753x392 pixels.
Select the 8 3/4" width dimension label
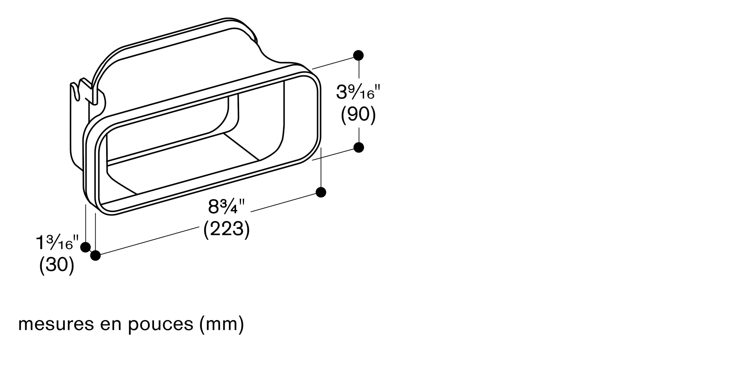coord(226,207)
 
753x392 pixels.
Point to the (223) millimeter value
coord(226,229)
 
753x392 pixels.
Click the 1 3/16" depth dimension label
coord(57,243)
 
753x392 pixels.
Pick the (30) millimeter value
coord(57,265)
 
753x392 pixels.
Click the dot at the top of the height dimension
coord(358,55)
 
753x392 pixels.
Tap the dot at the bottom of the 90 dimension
coord(359,147)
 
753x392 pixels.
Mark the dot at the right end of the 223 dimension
coord(321,192)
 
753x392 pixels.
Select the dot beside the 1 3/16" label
coord(85,247)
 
